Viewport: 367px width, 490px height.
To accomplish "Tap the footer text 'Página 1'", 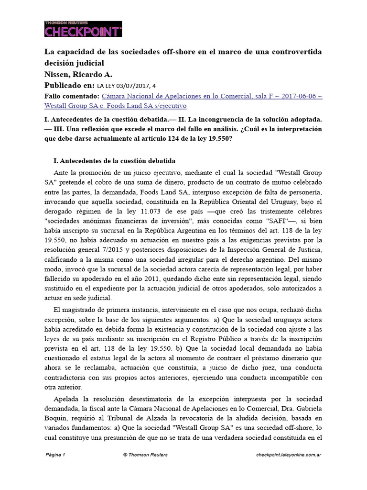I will (55, 455).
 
